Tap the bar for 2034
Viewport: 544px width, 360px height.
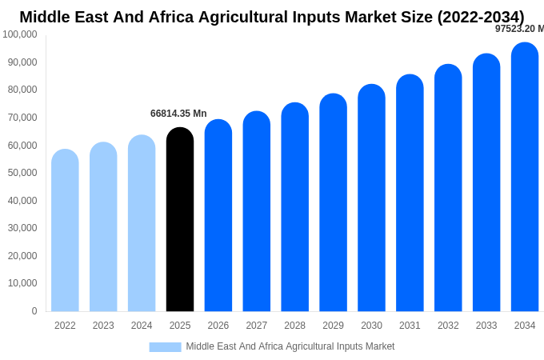pos(525,178)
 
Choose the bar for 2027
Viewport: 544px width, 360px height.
pos(257,212)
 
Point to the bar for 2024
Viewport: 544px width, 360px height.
pos(142,224)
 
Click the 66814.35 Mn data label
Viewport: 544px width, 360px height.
pos(178,114)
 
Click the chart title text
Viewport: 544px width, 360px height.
pos(272,17)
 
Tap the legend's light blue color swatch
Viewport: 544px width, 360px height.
pos(165,346)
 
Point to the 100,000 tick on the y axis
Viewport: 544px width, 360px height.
pos(20,34)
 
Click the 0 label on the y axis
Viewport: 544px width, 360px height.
pos(34,311)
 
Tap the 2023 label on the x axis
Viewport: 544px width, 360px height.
pos(103,326)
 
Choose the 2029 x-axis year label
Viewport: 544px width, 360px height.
pos(333,326)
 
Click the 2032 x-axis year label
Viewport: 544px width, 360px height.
pos(448,326)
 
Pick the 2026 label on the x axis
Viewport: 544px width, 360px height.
pos(218,326)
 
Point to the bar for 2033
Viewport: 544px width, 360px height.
pos(486,183)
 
